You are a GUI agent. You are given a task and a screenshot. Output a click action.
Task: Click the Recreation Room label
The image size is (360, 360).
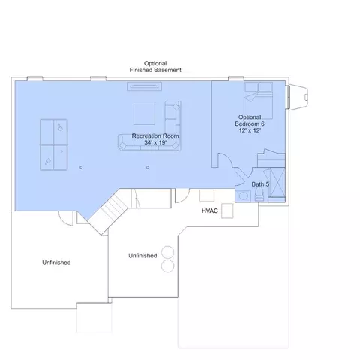[x=155, y=136]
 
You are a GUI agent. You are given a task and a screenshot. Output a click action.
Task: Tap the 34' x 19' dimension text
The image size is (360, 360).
[x=155, y=142]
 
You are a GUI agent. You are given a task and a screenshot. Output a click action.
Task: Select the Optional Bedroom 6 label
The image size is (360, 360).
[x=250, y=121]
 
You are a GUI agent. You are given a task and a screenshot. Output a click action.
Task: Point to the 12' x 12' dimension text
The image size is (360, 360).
[x=250, y=130]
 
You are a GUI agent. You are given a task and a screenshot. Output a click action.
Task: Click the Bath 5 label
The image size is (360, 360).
[x=260, y=184]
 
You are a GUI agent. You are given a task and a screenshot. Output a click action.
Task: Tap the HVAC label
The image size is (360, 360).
[x=210, y=211]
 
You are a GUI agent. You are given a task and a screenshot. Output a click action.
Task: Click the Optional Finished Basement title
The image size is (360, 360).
[x=155, y=67]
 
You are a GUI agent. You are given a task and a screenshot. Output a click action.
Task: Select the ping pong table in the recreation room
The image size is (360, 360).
[x=54, y=145]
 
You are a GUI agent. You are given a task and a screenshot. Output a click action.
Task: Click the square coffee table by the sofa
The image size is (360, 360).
[x=144, y=114]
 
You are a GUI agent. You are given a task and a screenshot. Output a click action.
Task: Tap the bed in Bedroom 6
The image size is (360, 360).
[x=258, y=100]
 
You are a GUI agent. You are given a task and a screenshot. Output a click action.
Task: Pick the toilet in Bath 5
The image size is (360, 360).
[x=259, y=194]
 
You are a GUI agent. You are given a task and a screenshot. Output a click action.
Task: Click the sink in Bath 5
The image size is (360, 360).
[x=243, y=196]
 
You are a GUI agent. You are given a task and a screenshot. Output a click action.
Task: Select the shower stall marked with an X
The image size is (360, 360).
[x=277, y=182]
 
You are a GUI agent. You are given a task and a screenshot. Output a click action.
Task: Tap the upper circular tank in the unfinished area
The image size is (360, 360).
[x=167, y=252]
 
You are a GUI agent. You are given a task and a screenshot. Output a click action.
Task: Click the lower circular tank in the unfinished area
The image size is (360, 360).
[x=167, y=265]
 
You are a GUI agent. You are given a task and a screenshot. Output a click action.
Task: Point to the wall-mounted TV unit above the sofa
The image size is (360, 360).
[x=144, y=86]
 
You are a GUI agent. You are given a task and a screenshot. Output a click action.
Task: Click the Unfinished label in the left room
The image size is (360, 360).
[x=56, y=262]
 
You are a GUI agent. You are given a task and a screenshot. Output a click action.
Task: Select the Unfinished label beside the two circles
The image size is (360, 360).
[x=142, y=256]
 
